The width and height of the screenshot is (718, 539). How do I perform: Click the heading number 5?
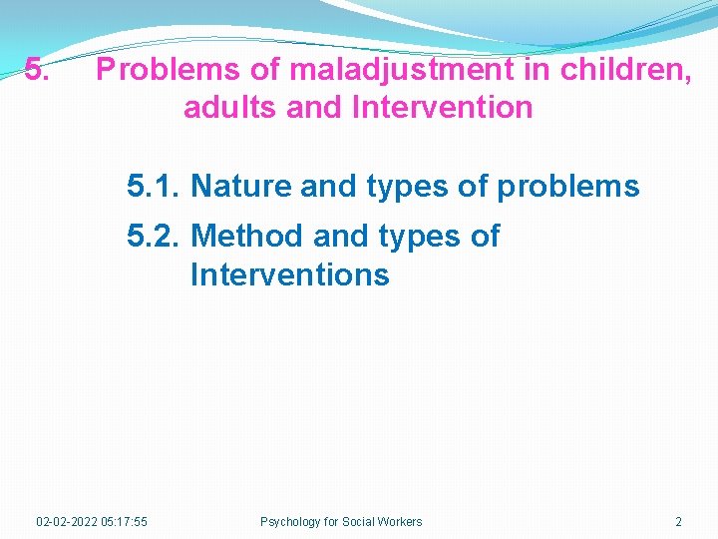point(35,70)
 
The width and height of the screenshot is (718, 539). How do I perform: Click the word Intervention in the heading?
point(443,107)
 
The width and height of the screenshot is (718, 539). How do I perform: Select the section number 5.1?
point(154,186)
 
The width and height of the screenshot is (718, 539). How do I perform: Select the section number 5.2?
point(154,237)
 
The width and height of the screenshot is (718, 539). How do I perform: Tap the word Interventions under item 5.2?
point(289,273)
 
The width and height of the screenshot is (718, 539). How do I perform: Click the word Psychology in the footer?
point(289,521)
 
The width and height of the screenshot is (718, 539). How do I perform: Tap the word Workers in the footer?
point(400,521)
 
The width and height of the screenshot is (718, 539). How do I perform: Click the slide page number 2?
point(678,521)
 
